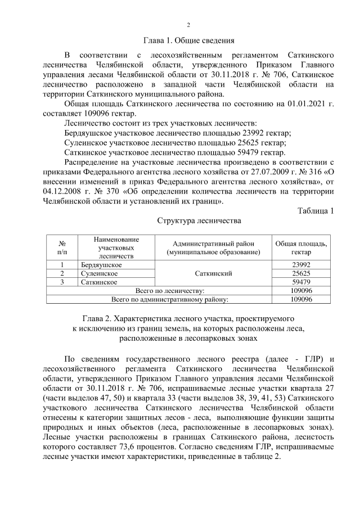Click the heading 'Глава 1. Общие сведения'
(x=188, y=40)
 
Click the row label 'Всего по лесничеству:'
(x=170, y=290)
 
